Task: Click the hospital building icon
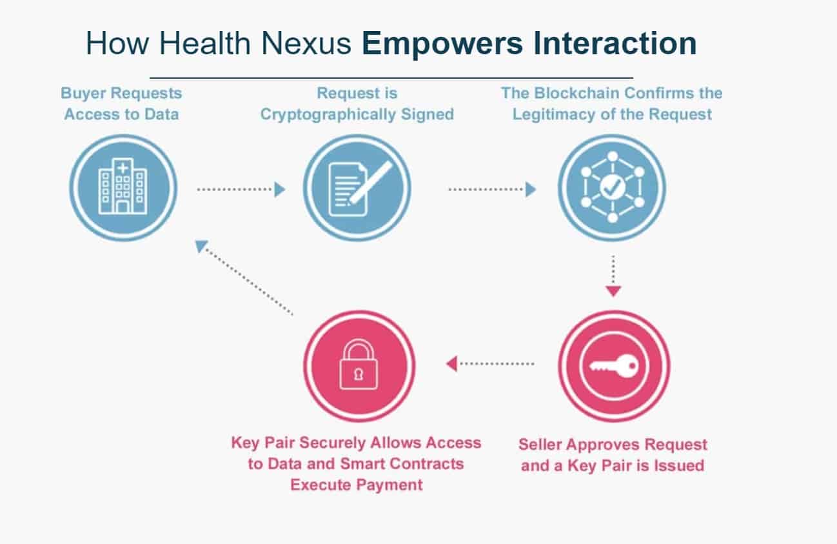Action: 123,186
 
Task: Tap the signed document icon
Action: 359,188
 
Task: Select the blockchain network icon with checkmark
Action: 613,186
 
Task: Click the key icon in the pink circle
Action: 614,366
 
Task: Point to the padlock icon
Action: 359,364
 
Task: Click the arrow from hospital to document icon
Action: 241,189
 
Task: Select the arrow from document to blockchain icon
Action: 492,189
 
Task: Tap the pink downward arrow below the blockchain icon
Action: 613,276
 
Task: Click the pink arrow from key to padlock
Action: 490,364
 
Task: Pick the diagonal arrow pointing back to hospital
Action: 244,277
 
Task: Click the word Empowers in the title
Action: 442,44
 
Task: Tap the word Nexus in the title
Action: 306,43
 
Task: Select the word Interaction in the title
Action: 615,43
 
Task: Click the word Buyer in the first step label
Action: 83,94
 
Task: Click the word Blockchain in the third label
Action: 577,93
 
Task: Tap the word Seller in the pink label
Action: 540,445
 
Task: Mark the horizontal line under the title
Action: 391,78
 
